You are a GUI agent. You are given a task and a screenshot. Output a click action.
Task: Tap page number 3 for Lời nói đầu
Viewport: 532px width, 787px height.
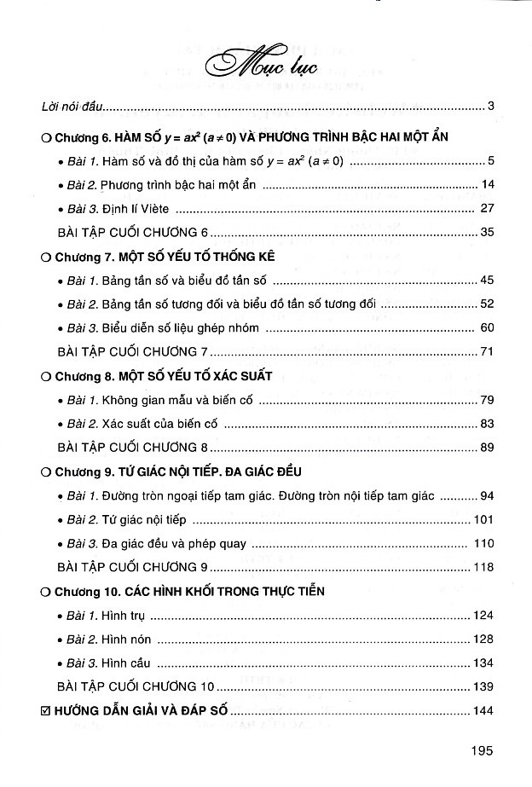pos(492,107)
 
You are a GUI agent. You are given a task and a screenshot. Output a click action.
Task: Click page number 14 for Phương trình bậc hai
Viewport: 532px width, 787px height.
pos(488,184)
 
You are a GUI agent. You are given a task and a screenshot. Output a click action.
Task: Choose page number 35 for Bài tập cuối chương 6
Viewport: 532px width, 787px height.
pos(488,231)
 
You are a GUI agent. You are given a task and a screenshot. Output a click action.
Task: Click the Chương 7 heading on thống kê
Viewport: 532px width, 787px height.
pos(159,256)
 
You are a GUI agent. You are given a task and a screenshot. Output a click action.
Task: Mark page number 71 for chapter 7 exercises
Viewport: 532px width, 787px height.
pos(488,350)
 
